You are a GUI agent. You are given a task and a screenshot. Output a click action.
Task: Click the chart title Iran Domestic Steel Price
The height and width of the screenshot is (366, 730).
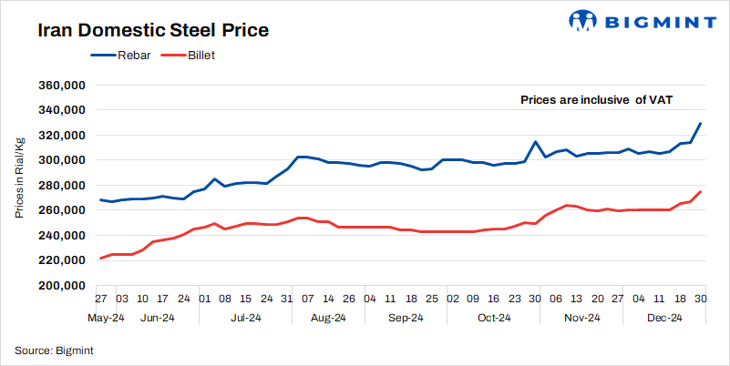152,30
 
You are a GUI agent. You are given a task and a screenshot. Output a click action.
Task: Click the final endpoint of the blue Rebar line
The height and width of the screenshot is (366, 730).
700,123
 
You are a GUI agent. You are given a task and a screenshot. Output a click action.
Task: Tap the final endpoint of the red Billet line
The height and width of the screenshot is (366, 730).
700,191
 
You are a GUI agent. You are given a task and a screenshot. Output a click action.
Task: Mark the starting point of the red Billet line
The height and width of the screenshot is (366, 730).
100,259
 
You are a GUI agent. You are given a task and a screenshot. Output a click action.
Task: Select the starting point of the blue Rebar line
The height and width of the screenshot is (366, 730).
100,199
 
